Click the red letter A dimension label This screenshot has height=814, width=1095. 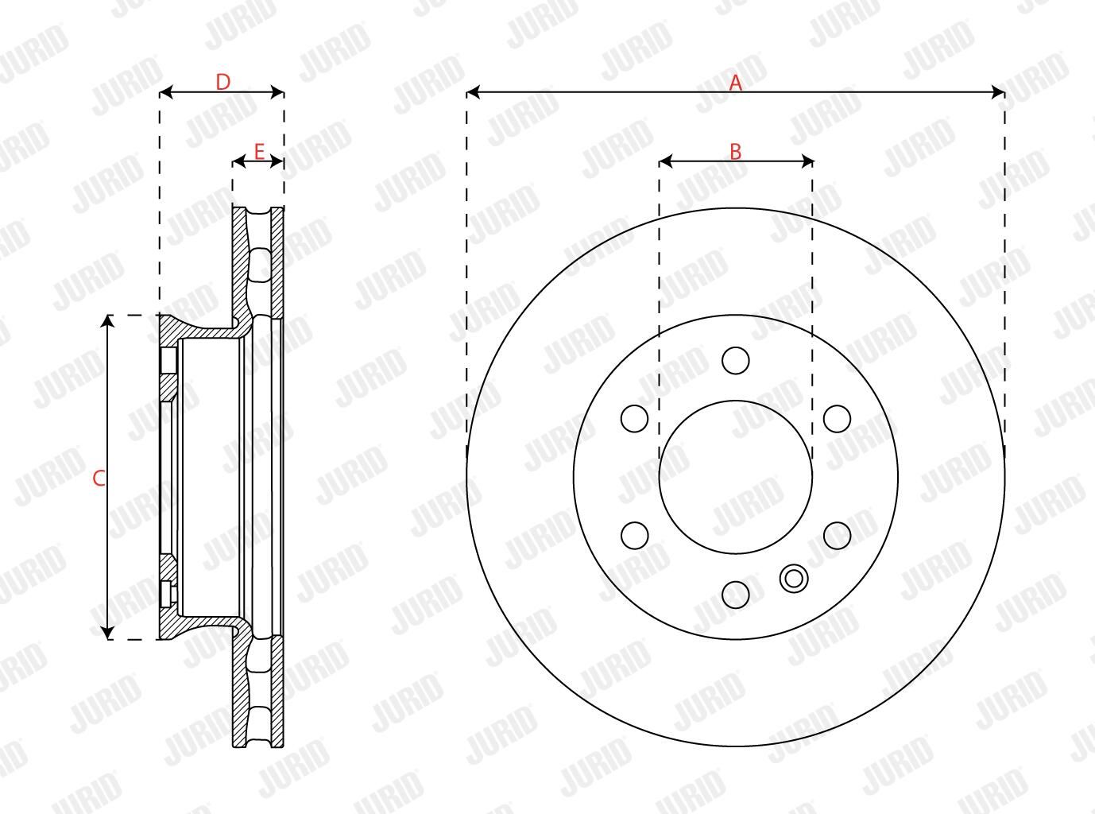tap(736, 83)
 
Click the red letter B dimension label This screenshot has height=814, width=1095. tap(736, 152)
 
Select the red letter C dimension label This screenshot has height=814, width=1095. tap(99, 478)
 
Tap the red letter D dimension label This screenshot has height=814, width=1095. tap(223, 83)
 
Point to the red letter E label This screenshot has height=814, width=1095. tap(259, 152)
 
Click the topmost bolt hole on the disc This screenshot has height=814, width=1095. tap(736, 361)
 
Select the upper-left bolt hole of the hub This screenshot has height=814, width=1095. tap(634, 418)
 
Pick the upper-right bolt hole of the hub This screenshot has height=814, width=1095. tap(838, 418)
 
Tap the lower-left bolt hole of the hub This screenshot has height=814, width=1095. tap(634, 536)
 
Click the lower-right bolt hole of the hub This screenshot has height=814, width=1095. tap(838, 536)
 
